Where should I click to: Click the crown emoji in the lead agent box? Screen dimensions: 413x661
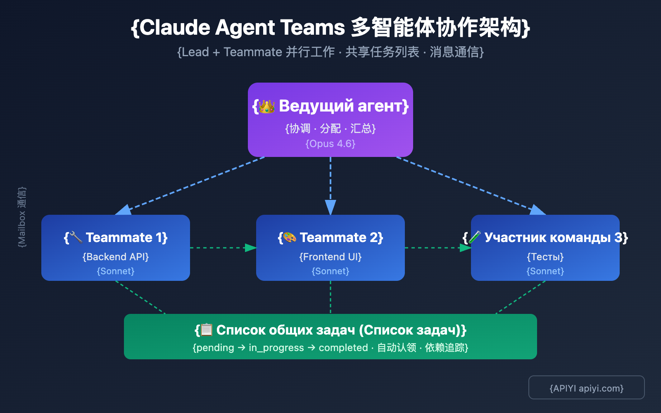(267, 107)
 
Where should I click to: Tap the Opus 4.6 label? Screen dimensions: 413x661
(330, 144)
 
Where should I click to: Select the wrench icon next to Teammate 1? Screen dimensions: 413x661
(76, 237)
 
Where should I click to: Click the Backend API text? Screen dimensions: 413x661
(116, 257)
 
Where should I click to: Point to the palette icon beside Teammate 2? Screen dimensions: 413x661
(290, 237)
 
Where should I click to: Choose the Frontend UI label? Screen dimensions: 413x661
(330, 257)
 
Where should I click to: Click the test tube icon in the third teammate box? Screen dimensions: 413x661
(475, 237)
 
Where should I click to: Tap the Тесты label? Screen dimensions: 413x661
(545, 257)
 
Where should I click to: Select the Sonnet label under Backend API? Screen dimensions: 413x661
(116, 271)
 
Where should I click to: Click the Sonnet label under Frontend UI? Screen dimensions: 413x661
(330, 271)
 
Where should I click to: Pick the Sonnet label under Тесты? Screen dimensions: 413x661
(545, 271)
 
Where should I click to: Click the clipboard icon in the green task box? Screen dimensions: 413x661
(207, 330)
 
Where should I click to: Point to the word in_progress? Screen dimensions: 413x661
(276, 348)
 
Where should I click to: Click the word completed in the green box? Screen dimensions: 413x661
(343, 348)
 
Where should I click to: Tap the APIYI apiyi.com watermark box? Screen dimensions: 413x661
(586, 387)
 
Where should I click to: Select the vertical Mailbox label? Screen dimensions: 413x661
(22, 217)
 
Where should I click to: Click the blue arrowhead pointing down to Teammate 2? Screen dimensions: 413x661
(330, 207)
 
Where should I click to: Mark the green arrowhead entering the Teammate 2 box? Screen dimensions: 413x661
(250, 248)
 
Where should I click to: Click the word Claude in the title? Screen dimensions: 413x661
(176, 28)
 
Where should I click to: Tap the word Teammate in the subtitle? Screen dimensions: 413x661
(252, 52)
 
